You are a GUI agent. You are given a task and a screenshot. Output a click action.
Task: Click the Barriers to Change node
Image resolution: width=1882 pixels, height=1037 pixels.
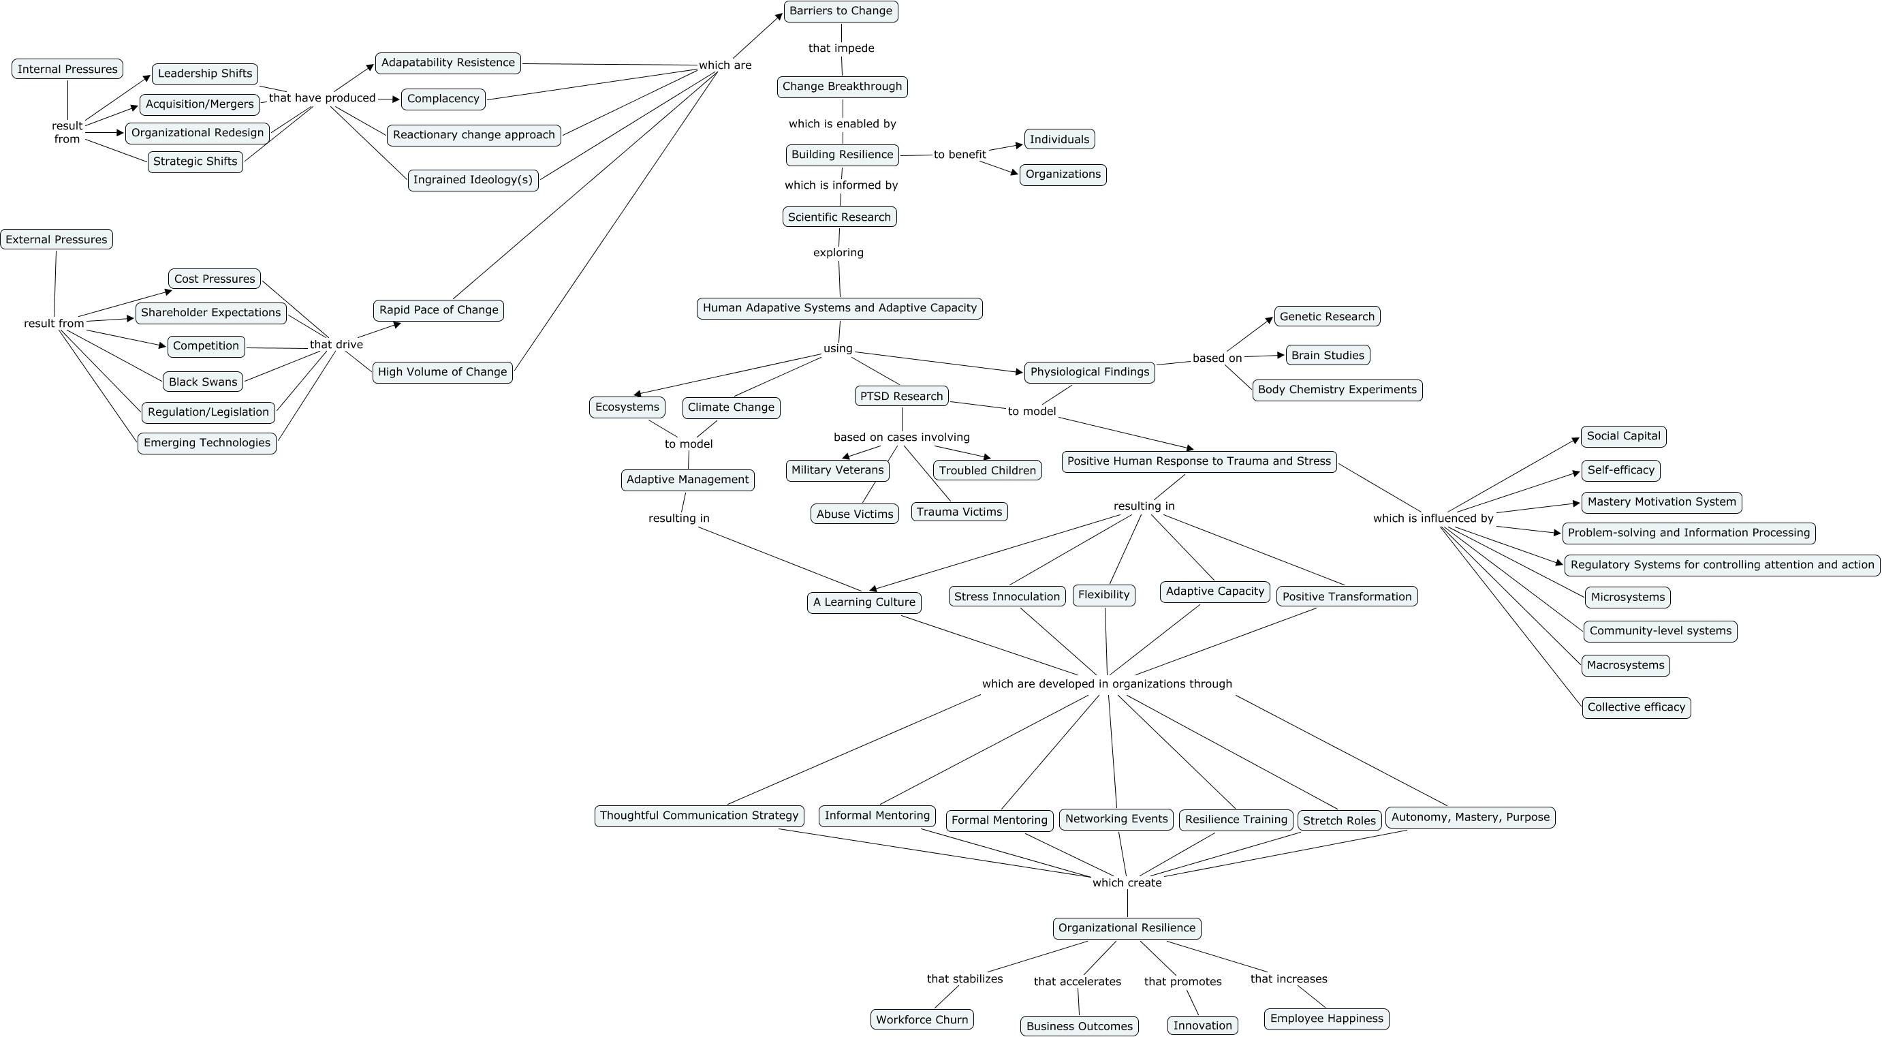841,11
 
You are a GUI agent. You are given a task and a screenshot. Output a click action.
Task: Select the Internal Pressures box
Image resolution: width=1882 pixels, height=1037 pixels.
67,69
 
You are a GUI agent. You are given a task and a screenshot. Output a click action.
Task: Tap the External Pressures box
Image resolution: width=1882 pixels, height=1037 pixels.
57,240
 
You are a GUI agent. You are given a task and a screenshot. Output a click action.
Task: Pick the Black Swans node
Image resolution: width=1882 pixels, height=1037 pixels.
203,382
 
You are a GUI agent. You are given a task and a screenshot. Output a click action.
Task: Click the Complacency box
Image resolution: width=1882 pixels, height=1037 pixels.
443,99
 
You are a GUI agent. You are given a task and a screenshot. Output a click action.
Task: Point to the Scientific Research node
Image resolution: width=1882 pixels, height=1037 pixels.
838,217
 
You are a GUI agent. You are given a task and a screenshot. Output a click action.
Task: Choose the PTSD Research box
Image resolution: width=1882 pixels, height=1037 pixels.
901,396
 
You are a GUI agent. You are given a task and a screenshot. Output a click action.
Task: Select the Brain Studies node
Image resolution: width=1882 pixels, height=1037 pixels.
1328,355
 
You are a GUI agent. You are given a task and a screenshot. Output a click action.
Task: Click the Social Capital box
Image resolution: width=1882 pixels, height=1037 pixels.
1623,436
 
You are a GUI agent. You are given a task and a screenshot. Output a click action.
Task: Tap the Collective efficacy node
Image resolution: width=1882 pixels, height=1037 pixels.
1636,707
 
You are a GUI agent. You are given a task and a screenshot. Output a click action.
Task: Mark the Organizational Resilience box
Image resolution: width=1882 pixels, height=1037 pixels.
1127,928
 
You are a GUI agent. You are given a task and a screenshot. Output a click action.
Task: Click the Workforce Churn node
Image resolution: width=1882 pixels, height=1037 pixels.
922,1019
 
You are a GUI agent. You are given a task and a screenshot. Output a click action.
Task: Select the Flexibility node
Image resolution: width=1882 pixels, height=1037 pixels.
1103,595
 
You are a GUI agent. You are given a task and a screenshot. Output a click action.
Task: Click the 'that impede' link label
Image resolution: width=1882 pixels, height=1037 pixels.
841,48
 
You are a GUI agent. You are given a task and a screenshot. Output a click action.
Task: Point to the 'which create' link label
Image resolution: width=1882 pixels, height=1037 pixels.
1127,883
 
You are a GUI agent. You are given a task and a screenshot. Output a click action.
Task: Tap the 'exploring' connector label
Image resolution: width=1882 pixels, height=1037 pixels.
838,253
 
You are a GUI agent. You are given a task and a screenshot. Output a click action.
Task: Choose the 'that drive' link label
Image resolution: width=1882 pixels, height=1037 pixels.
336,345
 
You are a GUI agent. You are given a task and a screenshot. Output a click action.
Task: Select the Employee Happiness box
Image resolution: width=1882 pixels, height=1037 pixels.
1326,1019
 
